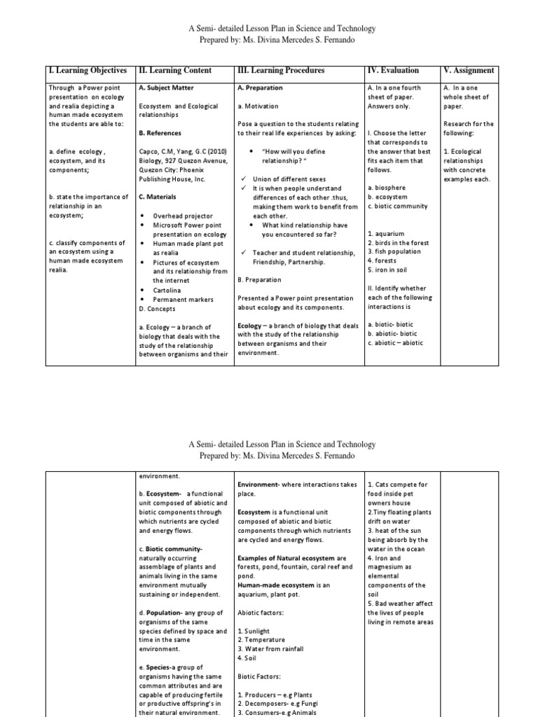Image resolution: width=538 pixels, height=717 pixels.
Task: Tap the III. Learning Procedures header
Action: click(282, 71)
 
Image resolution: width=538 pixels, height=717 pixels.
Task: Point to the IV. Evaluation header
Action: click(393, 71)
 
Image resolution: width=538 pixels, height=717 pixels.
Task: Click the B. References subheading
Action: click(160, 133)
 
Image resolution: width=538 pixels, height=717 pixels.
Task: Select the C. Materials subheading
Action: click(158, 197)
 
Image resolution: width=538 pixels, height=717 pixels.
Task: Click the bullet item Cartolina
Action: click(168, 289)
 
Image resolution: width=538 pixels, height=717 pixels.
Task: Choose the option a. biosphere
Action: click(386, 188)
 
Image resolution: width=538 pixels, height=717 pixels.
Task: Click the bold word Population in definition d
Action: click(165, 613)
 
